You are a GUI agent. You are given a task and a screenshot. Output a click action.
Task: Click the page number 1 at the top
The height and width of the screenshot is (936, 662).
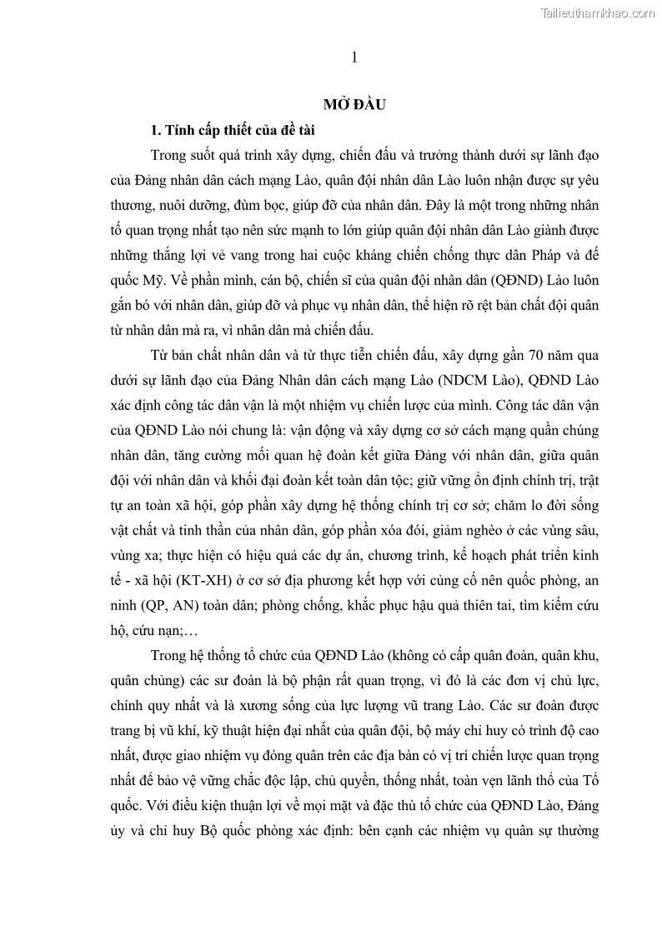(354, 58)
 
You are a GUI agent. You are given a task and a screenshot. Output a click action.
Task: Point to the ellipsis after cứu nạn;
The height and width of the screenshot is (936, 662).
(187, 628)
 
